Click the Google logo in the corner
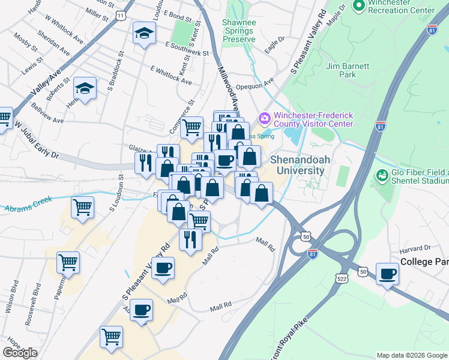[x=20, y=353]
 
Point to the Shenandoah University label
[x=297, y=166]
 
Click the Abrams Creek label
[x=28, y=204]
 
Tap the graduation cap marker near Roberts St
[x=85, y=89]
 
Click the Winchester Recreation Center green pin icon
[x=360, y=6]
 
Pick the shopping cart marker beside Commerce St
[x=191, y=127]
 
